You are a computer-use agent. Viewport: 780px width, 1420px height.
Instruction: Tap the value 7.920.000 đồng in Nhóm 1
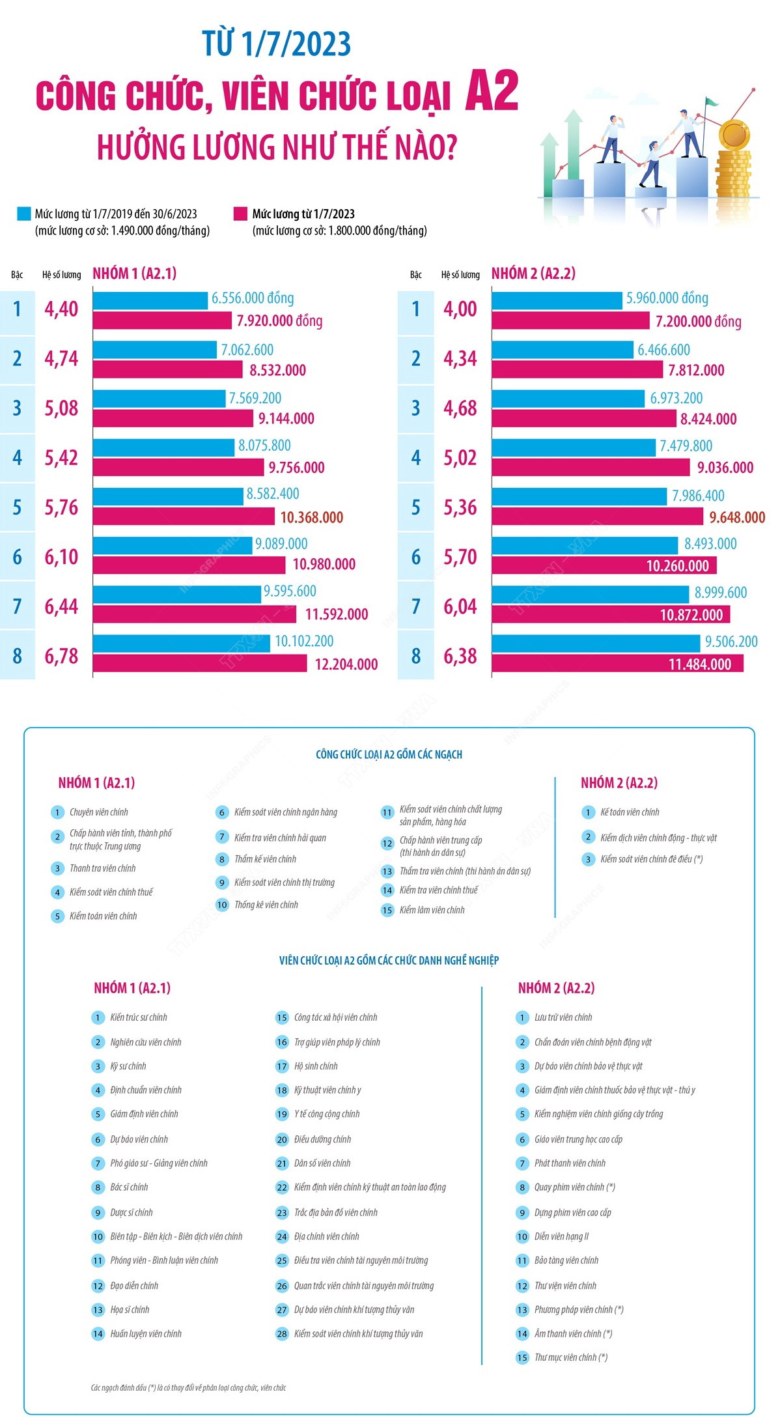tap(279, 320)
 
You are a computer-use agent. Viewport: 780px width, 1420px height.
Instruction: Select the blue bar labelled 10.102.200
tap(181, 643)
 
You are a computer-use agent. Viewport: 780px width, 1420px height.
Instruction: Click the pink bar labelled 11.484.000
tap(617, 664)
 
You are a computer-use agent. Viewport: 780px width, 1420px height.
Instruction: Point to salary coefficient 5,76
tap(61, 507)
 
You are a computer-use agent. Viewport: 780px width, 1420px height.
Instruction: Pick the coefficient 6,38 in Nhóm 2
tap(460, 656)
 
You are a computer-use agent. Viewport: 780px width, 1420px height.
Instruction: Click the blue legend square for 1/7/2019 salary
tap(23, 214)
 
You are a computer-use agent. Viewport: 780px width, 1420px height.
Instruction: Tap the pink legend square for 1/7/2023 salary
tap(240, 214)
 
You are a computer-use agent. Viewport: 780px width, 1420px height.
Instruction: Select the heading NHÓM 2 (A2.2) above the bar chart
tap(533, 274)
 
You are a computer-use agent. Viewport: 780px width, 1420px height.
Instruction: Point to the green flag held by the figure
tap(712, 103)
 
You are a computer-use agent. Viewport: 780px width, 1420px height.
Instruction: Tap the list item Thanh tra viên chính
tap(103, 868)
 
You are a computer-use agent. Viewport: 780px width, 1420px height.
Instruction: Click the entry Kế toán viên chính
tap(630, 812)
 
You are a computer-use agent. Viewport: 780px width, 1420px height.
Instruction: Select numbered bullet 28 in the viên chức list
tap(282, 1334)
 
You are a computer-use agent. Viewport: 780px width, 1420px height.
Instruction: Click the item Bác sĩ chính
tap(129, 1187)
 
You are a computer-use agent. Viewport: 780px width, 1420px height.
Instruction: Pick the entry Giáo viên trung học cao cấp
tap(578, 1139)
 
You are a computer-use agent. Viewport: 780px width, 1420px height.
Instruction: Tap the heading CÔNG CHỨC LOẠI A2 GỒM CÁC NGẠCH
tap(389, 754)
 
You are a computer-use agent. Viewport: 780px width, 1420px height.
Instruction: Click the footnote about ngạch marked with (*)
tap(188, 1388)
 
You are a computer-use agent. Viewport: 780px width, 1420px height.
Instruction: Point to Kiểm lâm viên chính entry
tap(432, 910)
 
